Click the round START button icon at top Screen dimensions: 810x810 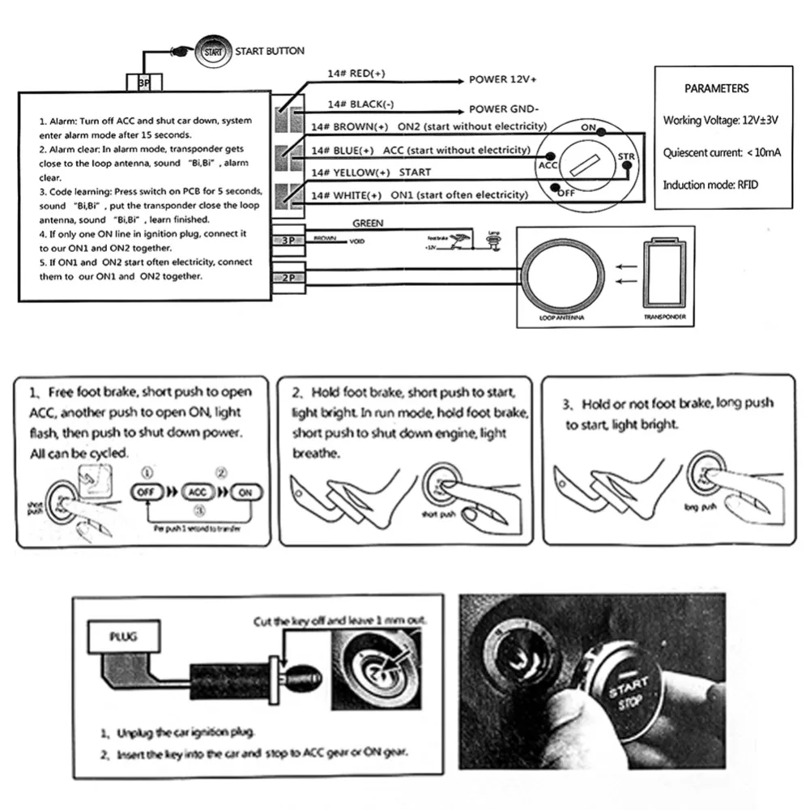[212, 51]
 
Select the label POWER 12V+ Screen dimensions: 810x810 [503, 80]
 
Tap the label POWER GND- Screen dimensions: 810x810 [504, 109]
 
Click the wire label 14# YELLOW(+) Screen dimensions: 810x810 [351, 173]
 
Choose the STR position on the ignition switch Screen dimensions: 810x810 [625, 156]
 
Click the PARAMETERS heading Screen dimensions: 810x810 [716, 88]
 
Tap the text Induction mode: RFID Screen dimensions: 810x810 [710, 185]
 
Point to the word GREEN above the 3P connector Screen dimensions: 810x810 [368, 223]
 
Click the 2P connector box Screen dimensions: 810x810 [289, 276]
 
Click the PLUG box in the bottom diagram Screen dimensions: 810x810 [124, 637]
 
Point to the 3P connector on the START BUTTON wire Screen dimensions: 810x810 [143, 83]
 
